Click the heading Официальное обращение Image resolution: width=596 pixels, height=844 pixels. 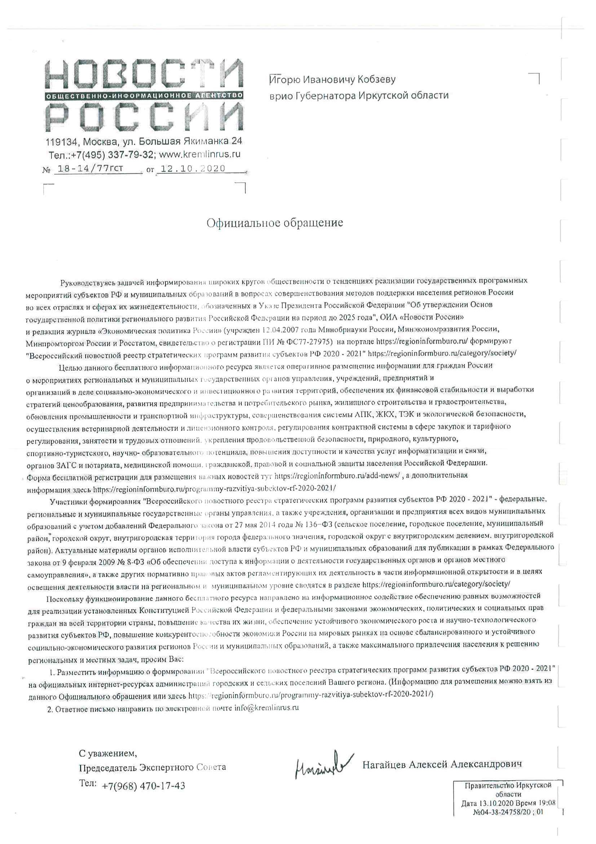pos(275,223)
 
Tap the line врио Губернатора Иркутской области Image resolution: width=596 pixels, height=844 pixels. pos(359,96)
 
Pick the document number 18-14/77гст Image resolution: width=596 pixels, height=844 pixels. pos(88,168)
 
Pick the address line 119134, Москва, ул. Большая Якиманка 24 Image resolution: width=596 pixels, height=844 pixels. pos(144,142)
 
